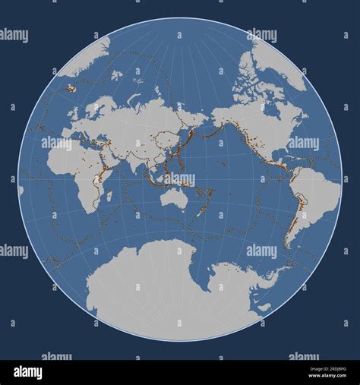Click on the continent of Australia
tap(175, 199)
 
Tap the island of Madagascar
tap(110, 196)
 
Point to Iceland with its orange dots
tap(71, 88)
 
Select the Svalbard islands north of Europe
tap(116, 75)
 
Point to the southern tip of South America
tap(289, 245)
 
